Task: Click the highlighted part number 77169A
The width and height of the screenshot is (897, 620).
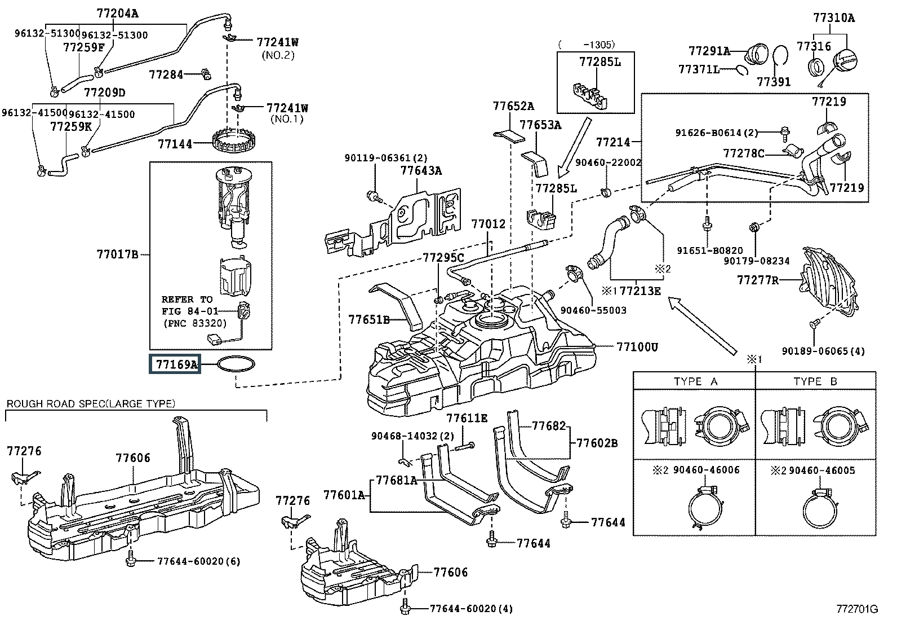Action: [176, 364]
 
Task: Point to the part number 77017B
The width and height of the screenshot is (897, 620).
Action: [117, 255]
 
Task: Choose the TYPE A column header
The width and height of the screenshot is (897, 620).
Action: [695, 381]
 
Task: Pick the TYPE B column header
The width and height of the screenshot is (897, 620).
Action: [815, 381]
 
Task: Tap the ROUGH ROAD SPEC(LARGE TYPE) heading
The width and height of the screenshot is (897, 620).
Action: [91, 403]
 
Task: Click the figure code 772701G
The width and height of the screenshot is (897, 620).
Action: [857, 609]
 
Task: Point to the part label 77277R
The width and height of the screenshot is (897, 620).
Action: [758, 279]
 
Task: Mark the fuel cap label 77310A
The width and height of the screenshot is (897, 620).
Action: [833, 18]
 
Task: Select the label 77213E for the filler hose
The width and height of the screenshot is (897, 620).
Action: [639, 291]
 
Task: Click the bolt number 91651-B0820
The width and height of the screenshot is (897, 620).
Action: [710, 250]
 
